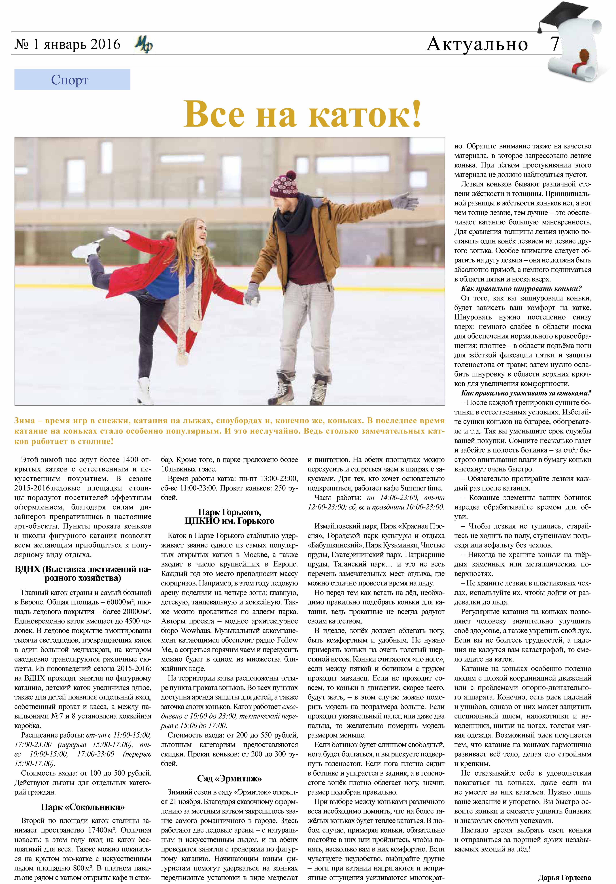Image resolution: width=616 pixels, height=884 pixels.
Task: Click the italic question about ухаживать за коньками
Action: click(x=526, y=393)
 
